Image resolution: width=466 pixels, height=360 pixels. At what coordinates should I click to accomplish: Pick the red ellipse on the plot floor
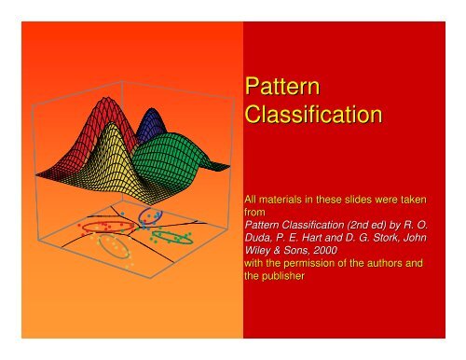[101, 226]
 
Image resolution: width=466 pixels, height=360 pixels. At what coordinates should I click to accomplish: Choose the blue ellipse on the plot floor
[150, 216]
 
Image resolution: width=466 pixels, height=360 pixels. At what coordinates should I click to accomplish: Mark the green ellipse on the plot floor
[172, 237]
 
